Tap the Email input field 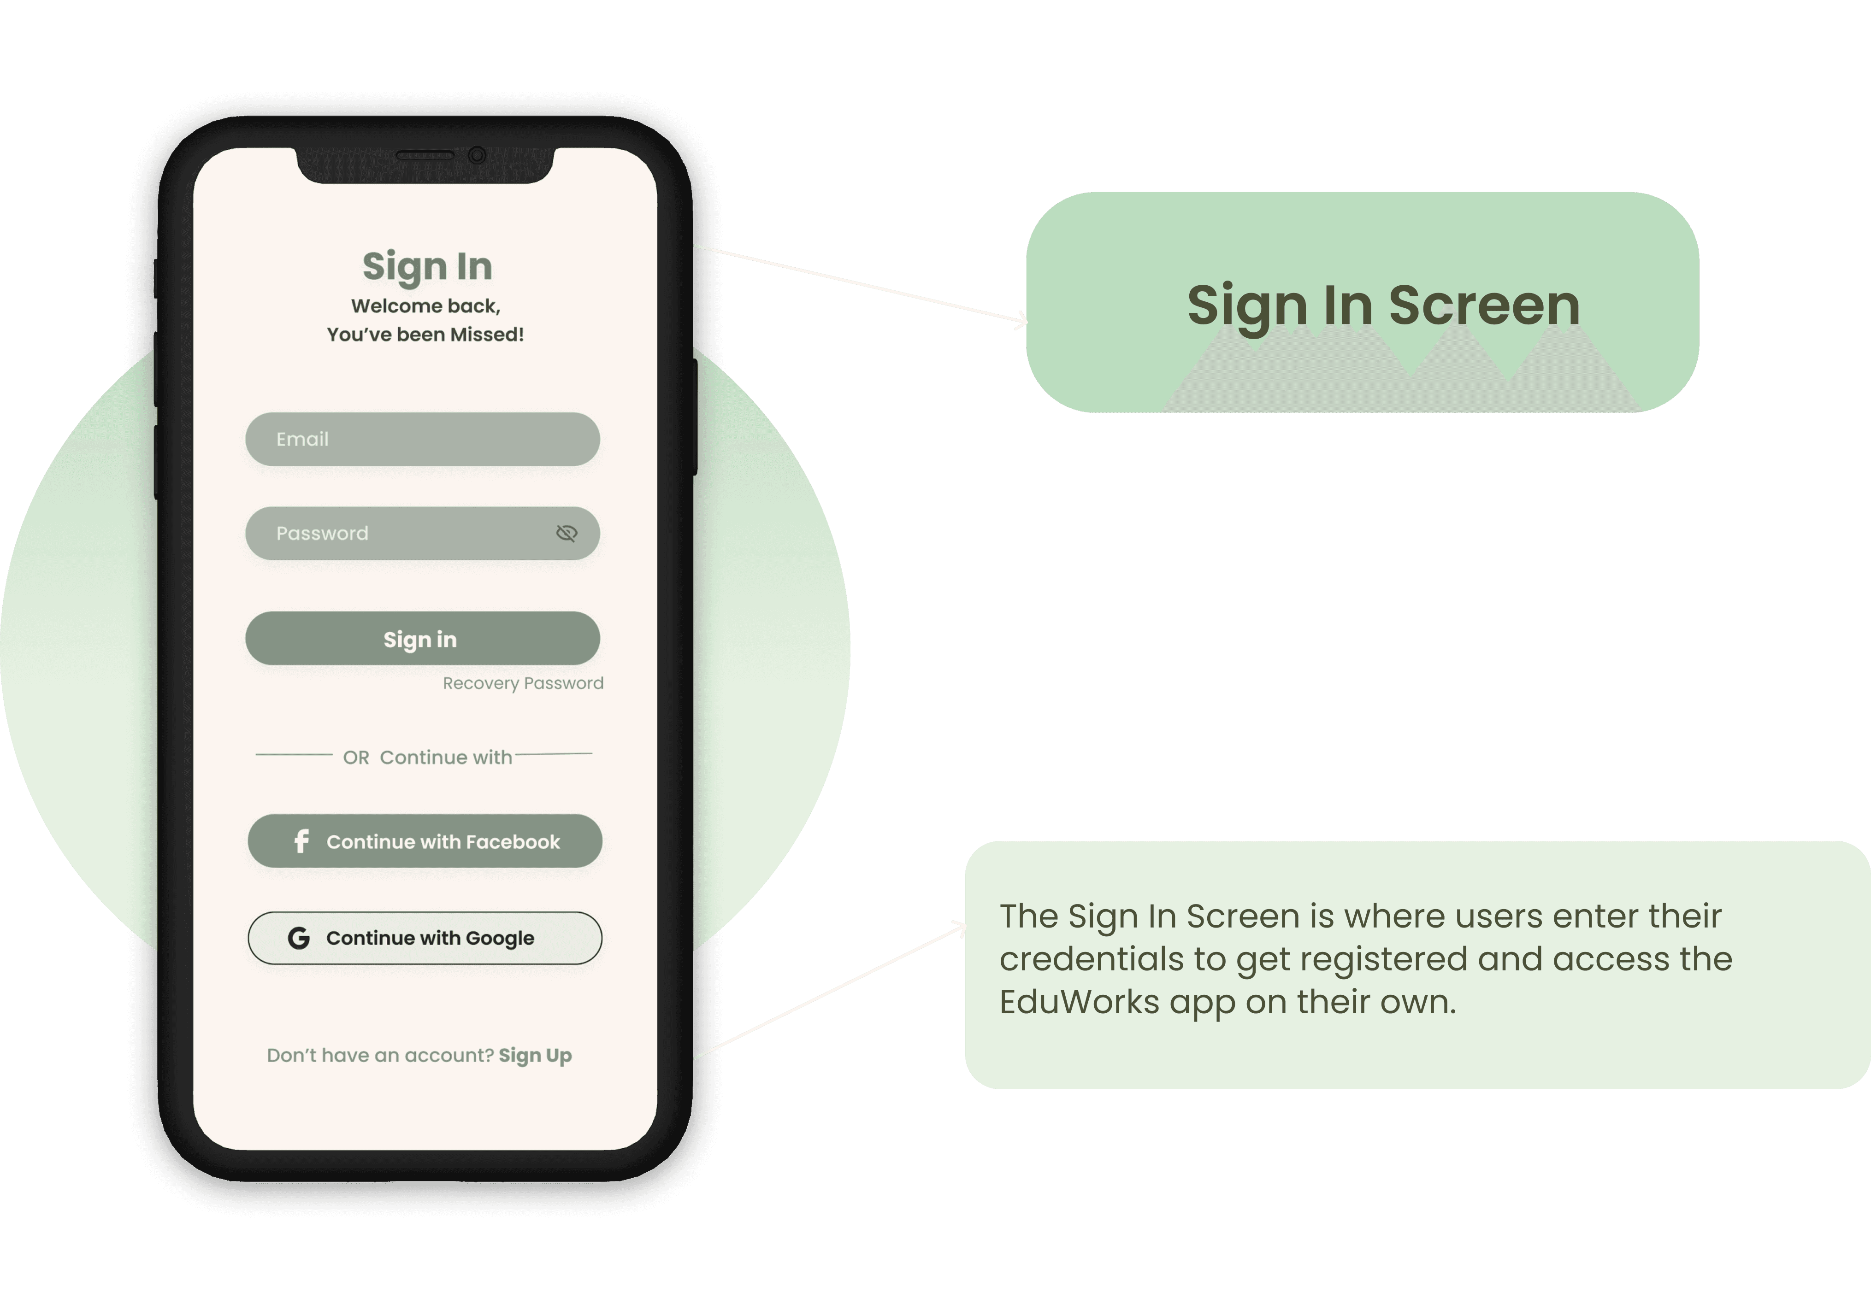422,439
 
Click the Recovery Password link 523,683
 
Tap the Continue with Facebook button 425,841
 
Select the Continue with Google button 425,938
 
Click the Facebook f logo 301,841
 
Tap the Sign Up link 535,1056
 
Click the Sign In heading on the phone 427,267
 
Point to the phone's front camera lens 478,155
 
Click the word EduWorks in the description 1079,1002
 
